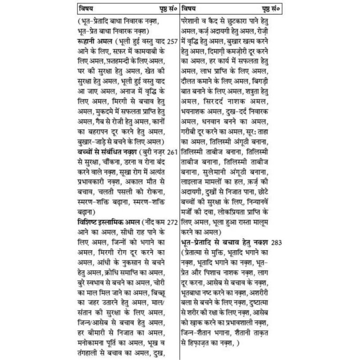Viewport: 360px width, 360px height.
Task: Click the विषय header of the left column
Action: click(85, 9)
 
